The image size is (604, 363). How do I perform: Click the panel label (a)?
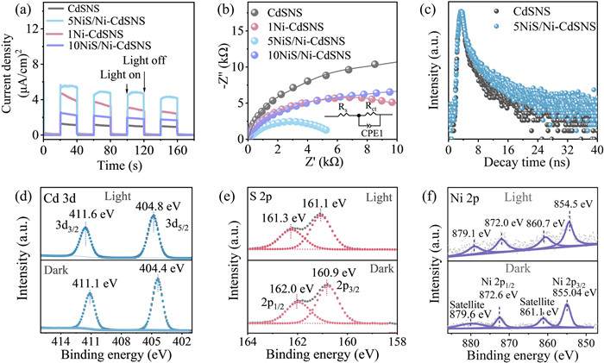coord(16,10)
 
